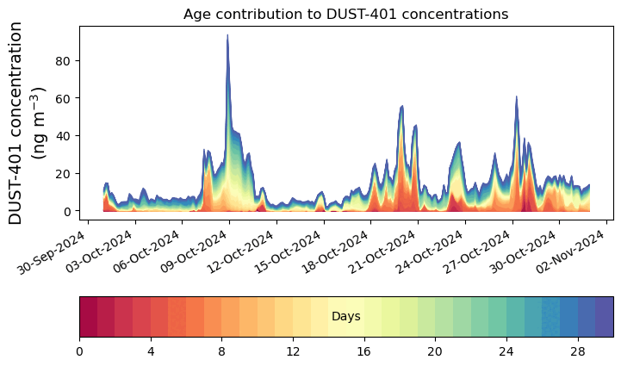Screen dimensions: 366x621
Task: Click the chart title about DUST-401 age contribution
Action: (345, 14)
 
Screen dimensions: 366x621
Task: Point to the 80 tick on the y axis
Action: (64, 60)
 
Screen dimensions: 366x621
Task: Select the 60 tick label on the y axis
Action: (64, 98)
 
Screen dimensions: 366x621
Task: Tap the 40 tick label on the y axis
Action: (64, 136)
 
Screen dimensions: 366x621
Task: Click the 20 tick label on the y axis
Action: (64, 173)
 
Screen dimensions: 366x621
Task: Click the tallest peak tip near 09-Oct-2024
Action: (227, 35)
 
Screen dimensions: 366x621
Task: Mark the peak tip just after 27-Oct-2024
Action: (516, 96)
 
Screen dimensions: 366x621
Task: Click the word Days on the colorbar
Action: (345, 317)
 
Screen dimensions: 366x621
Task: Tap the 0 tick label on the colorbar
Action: (79, 351)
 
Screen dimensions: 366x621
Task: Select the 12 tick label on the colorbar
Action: (293, 351)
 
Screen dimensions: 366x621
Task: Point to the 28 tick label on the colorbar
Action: (577, 351)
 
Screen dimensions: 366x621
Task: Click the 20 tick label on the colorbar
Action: (435, 351)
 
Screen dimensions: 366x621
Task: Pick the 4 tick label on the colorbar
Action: (151, 351)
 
